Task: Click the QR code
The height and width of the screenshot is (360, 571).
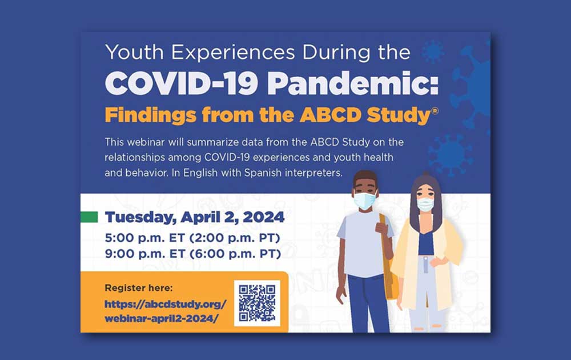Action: click(x=257, y=303)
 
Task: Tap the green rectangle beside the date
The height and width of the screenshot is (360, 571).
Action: click(x=89, y=217)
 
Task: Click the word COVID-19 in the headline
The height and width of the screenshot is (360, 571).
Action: click(x=182, y=83)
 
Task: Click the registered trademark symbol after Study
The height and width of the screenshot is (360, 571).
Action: click(x=435, y=111)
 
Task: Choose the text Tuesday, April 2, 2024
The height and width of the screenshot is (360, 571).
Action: click(x=195, y=217)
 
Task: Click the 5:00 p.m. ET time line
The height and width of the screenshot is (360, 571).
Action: click(x=192, y=238)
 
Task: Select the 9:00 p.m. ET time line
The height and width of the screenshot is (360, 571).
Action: click(x=192, y=254)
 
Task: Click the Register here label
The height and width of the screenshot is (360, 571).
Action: click(x=139, y=288)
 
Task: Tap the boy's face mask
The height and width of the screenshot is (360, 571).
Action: click(x=364, y=201)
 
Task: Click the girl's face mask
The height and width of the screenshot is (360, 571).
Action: click(x=425, y=204)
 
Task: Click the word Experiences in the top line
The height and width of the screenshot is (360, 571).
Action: click(x=233, y=53)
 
